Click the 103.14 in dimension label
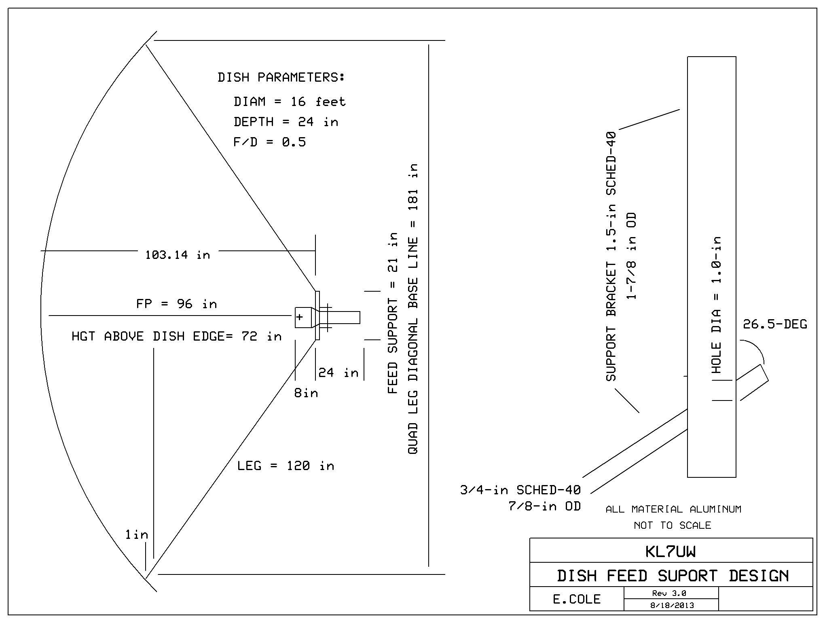click(178, 255)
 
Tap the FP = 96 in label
click(176, 304)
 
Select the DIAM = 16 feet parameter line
click(290, 102)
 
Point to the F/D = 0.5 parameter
click(270, 142)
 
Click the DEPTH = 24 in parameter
click(286, 122)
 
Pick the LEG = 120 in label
click(286, 466)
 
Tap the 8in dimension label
click(306, 393)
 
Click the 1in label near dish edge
click(137, 535)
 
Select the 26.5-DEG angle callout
click(775, 324)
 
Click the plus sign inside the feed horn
click(300, 317)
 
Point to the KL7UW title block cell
click(671, 551)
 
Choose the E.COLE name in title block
click(577, 599)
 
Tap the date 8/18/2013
click(672, 606)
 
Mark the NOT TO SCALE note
click(672, 526)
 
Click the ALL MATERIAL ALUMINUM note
click(673, 509)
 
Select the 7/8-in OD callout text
click(544, 506)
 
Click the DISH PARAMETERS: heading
click(281, 77)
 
